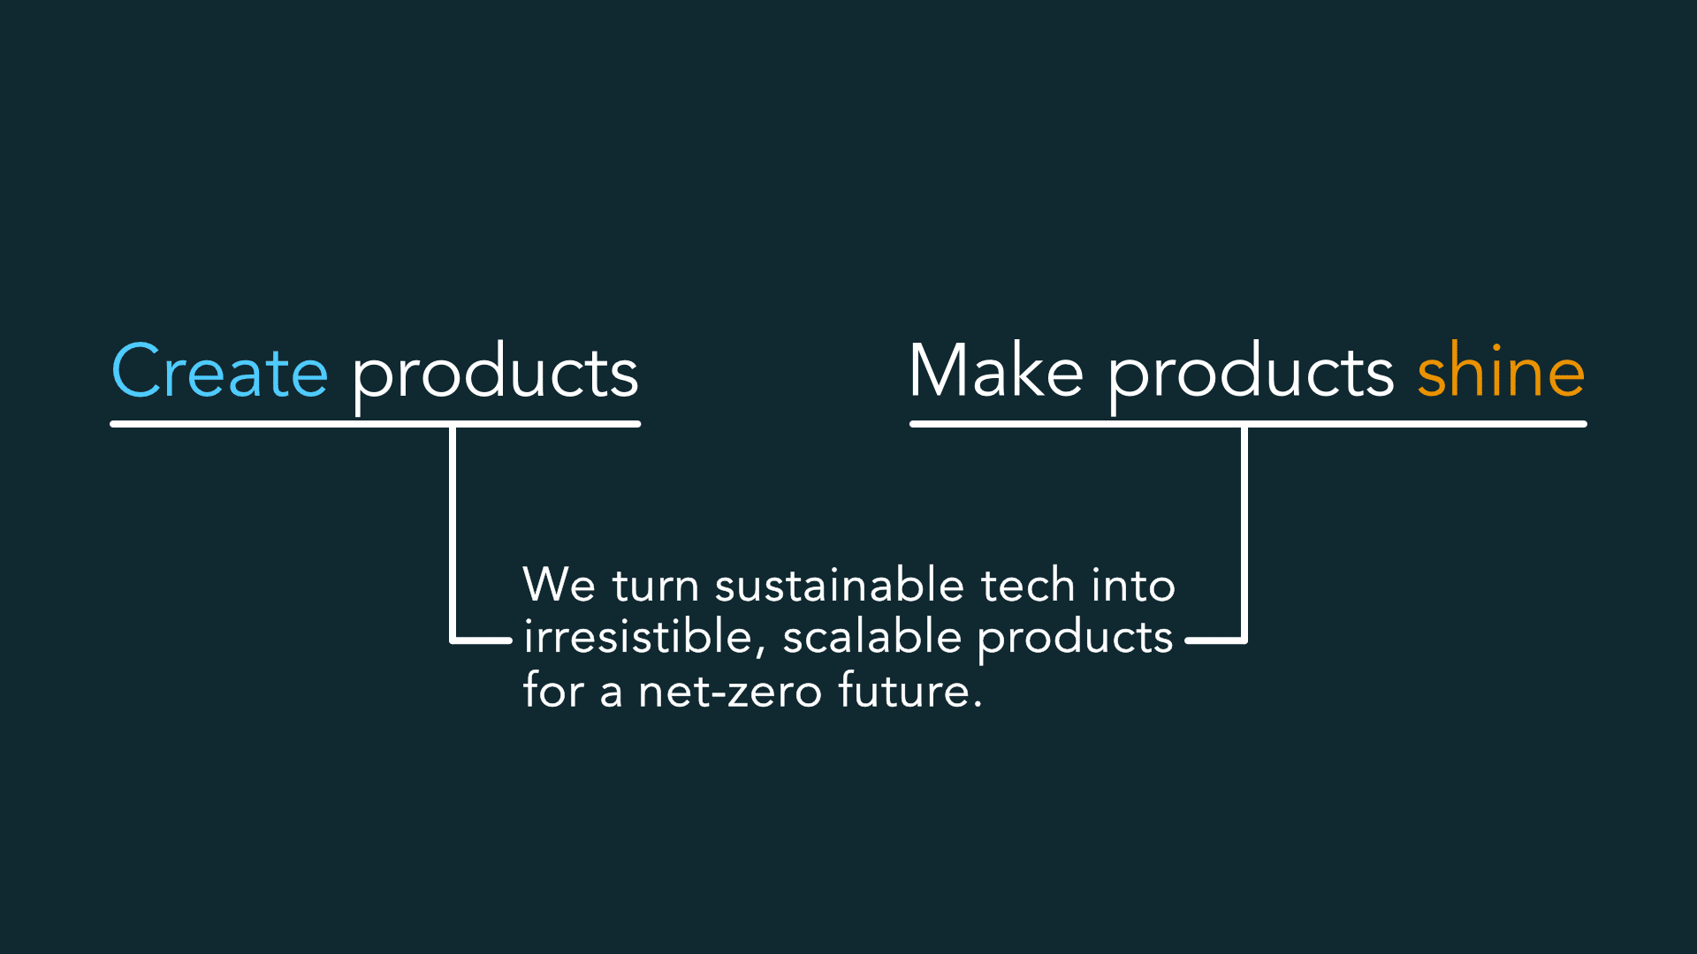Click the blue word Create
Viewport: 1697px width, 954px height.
(x=219, y=372)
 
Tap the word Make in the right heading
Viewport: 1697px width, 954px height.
(x=996, y=372)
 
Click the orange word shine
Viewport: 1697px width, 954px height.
(x=1501, y=372)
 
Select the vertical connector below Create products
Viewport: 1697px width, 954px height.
(x=453, y=530)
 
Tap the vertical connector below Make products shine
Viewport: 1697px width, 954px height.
(x=1244, y=530)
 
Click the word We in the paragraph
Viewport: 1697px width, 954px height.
(x=559, y=585)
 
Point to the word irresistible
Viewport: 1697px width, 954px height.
(x=637, y=637)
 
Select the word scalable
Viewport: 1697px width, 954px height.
(x=871, y=637)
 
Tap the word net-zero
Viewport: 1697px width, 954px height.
(x=730, y=691)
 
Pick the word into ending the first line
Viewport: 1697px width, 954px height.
(x=1133, y=585)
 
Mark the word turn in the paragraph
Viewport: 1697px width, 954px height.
(x=655, y=585)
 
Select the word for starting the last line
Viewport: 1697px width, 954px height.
(x=553, y=691)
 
